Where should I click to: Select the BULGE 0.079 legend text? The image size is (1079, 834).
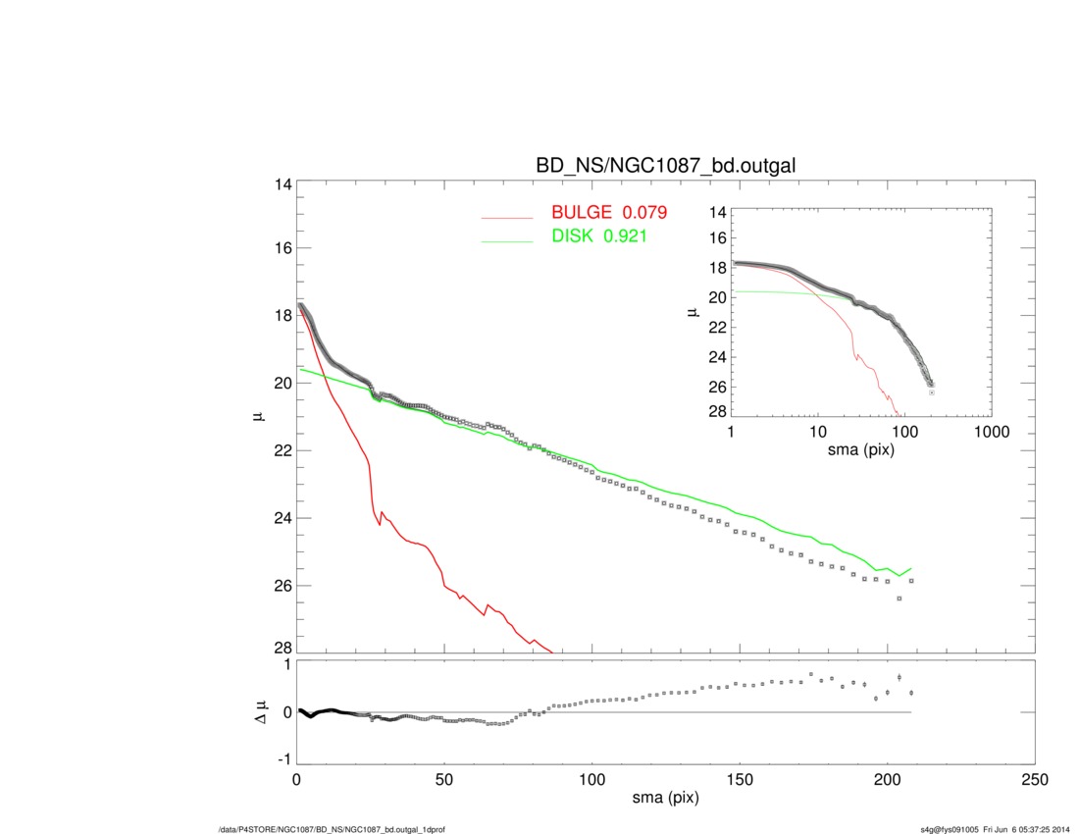[x=609, y=212]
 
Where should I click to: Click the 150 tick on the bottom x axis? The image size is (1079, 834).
[x=740, y=779]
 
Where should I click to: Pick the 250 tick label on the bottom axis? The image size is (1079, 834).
[x=1034, y=779]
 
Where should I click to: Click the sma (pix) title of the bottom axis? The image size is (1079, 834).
[x=665, y=799]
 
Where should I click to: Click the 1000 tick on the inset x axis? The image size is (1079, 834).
[x=990, y=432]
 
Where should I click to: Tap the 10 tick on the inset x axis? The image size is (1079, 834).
[x=817, y=432]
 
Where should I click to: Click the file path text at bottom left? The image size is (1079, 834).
[x=333, y=829]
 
